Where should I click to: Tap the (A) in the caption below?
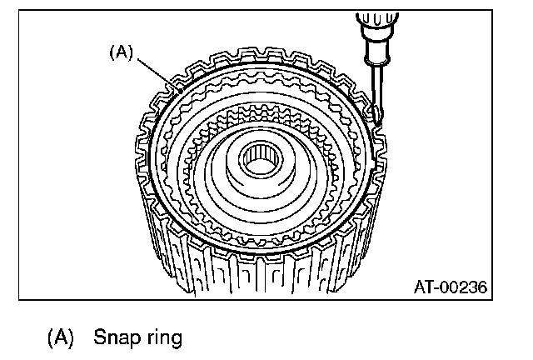[62, 337]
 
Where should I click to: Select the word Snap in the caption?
[113, 337]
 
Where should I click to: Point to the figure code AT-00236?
[450, 287]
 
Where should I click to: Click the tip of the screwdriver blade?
[376, 124]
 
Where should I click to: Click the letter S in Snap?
[100, 337]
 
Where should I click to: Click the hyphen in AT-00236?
[436, 288]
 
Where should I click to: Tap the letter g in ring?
[174, 340]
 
